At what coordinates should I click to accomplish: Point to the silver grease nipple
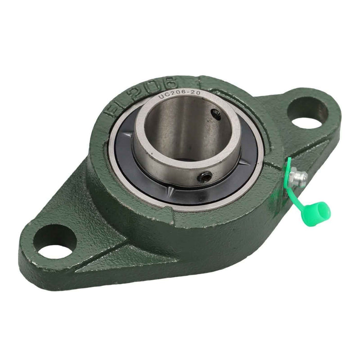298,178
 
